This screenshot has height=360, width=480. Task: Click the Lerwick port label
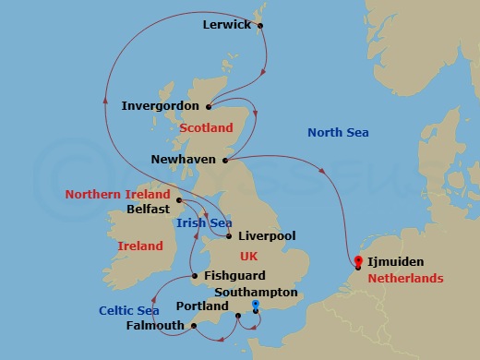(226, 25)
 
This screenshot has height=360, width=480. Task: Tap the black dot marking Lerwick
(260, 25)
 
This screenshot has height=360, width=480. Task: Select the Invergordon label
(160, 106)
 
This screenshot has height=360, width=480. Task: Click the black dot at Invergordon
(209, 105)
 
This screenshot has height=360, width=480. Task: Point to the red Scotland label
(208, 127)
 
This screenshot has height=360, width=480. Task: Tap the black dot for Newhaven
(225, 160)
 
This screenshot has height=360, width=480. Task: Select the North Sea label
(338, 133)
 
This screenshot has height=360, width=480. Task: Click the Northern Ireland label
(118, 195)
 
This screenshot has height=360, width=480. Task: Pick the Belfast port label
(147, 209)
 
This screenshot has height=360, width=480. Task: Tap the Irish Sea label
(203, 222)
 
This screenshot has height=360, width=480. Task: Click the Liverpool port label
(266, 236)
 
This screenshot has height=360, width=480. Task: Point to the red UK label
(249, 256)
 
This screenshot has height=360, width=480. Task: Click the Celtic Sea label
(130, 311)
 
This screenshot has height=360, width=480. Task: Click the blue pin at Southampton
(256, 306)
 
